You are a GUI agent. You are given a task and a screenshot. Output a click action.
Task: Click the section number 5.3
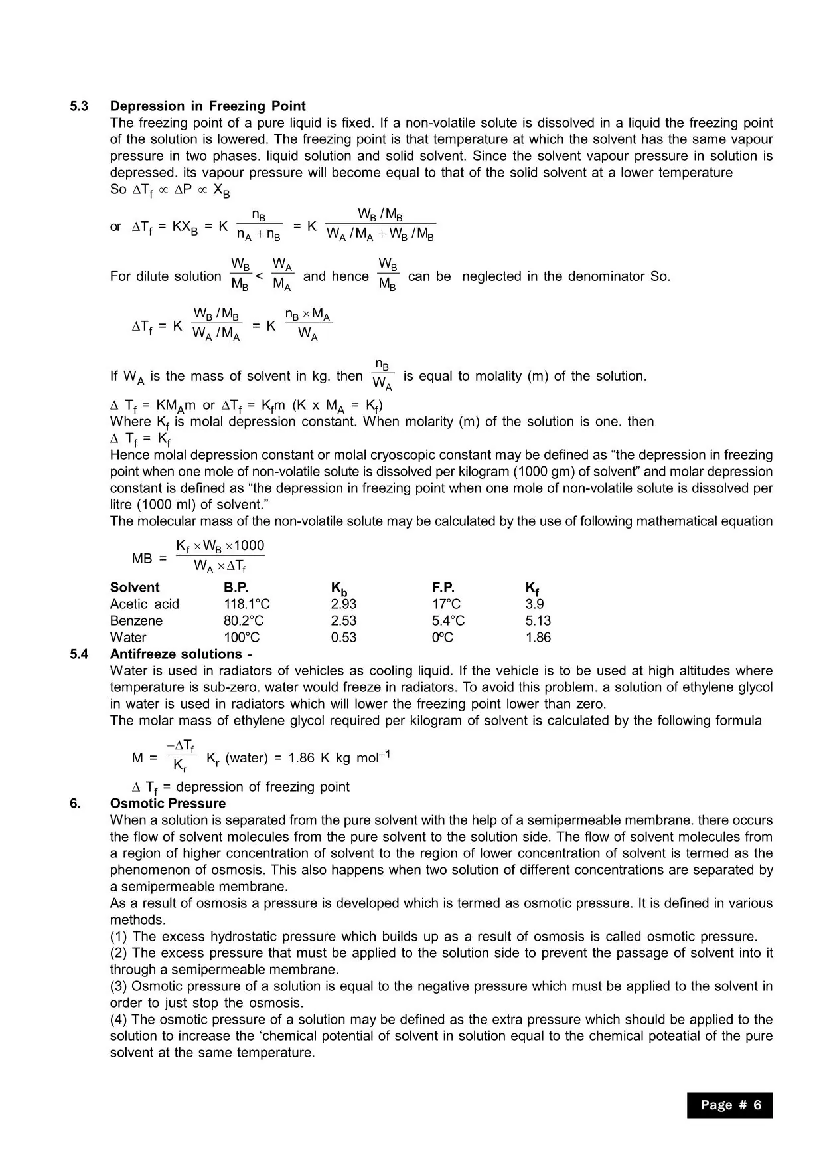pos(79,106)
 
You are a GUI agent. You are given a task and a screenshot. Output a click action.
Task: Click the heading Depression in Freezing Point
pos(208,106)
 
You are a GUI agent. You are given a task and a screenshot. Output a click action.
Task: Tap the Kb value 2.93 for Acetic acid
pos(343,604)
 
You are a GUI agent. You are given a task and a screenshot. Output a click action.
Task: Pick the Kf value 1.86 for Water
pos(538,638)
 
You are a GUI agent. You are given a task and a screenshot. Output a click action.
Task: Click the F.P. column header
pos(443,588)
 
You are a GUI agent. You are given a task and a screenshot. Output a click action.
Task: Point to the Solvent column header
pos(135,588)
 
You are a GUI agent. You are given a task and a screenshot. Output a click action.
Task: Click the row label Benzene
pos(136,621)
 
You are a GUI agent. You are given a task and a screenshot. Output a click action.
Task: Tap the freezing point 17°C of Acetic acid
pos(446,604)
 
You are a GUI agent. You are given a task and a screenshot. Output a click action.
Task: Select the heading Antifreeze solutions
pos(176,654)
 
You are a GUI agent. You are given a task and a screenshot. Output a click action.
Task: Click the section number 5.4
pos(79,654)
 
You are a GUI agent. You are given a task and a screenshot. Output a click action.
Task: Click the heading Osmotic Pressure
pos(168,804)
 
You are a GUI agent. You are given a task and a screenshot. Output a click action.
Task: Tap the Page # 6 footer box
pos(730,1105)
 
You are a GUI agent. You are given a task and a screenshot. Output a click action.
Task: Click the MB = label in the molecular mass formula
pos(149,559)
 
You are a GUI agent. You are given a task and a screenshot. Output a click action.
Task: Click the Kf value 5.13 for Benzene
pos(538,621)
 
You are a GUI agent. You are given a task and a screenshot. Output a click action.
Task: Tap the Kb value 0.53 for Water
pos(343,638)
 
